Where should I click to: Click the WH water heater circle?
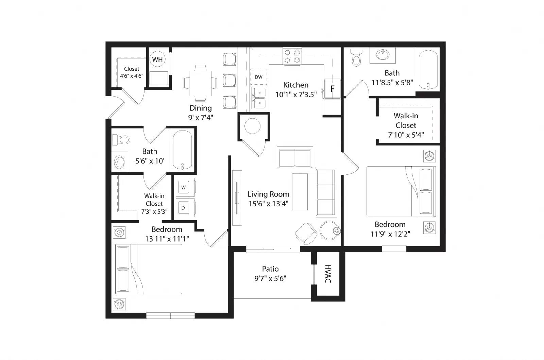click(x=157, y=59)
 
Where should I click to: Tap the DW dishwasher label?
click(x=258, y=77)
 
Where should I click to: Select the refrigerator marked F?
click(x=332, y=89)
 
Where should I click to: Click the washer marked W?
click(x=184, y=187)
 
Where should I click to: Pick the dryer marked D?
click(x=183, y=208)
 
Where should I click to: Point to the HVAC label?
click(x=328, y=274)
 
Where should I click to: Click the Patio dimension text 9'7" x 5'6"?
click(x=270, y=279)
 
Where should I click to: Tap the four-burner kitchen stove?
click(x=292, y=56)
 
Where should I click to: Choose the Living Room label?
click(x=268, y=194)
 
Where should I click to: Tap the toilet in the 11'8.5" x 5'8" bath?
click(x=356, y=57)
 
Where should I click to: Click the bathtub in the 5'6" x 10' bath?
click(x=183, y=150)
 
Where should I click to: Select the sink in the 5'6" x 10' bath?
click(x=120, y=162)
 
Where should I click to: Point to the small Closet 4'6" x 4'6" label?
click(x=132, y=72)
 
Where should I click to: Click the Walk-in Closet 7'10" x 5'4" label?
click(x=406, y=125)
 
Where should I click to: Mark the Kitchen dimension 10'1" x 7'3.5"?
click(x=296, y=95)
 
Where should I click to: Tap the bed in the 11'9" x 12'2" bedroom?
click(x=401, y=191)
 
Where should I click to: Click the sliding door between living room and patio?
click(x=273, y=249)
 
